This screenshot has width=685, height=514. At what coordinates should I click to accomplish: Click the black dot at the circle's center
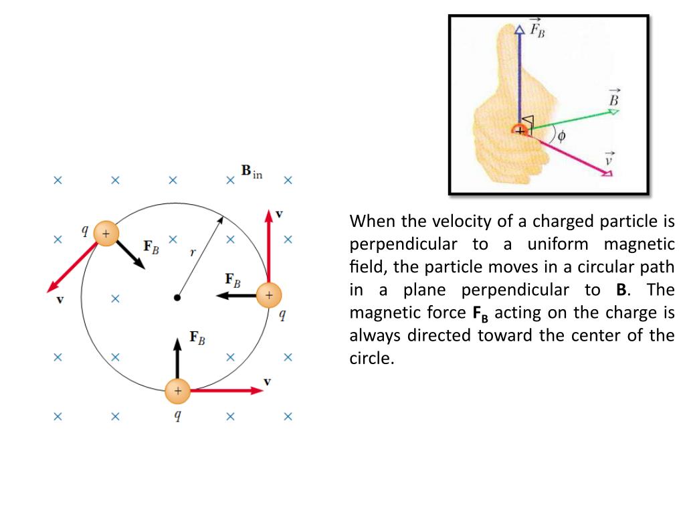pos(177,296)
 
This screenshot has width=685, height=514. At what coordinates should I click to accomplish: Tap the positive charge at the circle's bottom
pos(177,391)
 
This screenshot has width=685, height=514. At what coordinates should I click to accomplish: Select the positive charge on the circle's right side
pos(269,294)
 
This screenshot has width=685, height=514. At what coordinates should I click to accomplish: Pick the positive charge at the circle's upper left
pos(106,233)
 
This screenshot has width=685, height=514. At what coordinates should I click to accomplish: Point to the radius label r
pos(193,252)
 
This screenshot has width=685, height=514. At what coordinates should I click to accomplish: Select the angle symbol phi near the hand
pos(561,136)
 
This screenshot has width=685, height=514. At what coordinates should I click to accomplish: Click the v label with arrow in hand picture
pos(609,159)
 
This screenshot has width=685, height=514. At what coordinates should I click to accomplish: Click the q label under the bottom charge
pos(177,415)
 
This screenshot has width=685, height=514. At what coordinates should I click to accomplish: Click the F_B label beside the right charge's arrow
pos(232,280)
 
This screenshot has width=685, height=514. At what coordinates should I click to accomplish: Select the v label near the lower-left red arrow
pos(60,300)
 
